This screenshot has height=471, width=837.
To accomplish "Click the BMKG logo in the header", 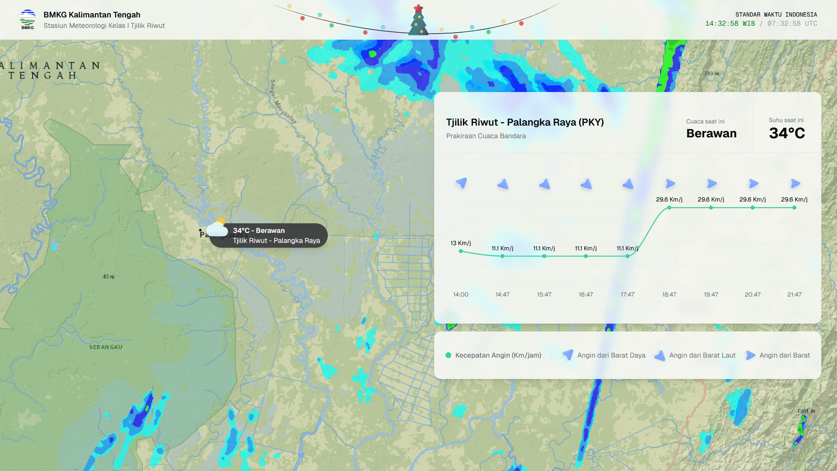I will pyautogui.click(x=27, y=20).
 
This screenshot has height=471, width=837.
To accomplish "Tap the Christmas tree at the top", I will pyautogui.click(x=418, y=20).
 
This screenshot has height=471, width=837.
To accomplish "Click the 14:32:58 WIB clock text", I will pyautogui.click(x=730, y=24).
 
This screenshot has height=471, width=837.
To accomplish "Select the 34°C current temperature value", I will pyautogui.click(x=787, y=133).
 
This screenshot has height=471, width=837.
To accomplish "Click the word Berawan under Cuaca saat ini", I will pyautogui.click(x=711, y=133).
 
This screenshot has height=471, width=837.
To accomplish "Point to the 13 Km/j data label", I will pyautogui.click(x=460, y=243).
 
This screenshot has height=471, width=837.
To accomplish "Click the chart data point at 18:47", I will pyautogui.click(x=669, y=208).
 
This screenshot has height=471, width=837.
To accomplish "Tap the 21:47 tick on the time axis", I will pyautogui.click(x=794, y=294).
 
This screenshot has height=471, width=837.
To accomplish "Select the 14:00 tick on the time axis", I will pyautogui.click(x=460, y=294).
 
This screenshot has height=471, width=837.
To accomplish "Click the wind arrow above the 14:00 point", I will pyautogui.click(x=461, y=183).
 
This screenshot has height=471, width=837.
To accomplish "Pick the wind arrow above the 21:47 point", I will pyautogui.click(x=795, y=184).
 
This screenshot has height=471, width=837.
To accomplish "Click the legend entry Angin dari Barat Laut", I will pyautogui.click(x=702, y=355).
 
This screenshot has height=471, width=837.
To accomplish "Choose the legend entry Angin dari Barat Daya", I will pyautogui.click(x=611, y=355).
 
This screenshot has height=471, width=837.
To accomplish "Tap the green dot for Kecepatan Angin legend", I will pyautogui.click(x=448, y=355).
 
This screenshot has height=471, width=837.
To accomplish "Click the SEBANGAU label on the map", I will pyautogui.click(x=106, y=347).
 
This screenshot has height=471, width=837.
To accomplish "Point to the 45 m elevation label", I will pyautogui.click(x=109, y=276).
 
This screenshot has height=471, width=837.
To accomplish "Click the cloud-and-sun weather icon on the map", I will pyautogui.click(x=218, y=228).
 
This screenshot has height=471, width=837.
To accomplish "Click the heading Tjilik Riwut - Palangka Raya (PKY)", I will pyautogui.click(x=525, y=123).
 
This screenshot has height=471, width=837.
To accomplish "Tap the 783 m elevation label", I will pyautogui.click(x=711, y=74).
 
